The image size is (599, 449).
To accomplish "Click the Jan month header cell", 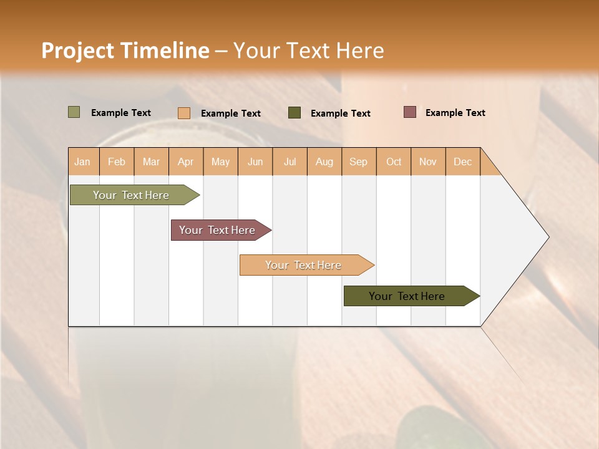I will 83,162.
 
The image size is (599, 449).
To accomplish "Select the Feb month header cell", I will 117,162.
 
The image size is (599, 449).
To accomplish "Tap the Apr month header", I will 185,162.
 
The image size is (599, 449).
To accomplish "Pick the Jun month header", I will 255,162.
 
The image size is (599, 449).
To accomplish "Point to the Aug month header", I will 324,162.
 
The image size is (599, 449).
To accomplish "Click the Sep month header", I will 358,162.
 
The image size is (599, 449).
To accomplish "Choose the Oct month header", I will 394,162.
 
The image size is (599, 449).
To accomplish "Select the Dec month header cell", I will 462,162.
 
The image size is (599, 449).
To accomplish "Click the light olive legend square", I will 74,112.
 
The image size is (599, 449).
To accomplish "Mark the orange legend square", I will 183,113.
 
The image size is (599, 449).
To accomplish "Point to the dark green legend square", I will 295,113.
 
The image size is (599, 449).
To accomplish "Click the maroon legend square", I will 409,112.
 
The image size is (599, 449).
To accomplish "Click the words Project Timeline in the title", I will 125,51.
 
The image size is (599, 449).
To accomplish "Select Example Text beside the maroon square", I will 455,113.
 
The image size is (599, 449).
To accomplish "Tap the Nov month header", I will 427,162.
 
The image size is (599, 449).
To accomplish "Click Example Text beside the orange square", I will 230,113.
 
